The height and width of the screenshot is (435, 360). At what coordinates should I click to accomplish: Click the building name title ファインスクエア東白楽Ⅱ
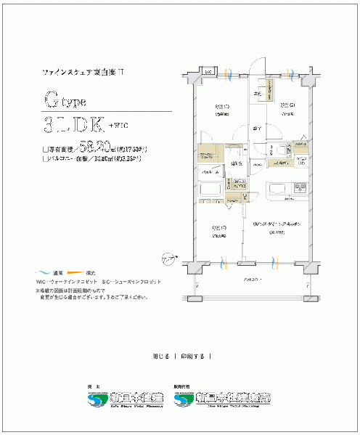tap(84, 73)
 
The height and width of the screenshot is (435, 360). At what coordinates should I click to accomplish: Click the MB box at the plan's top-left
tap(206, 72)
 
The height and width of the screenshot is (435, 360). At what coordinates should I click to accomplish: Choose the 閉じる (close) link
tap(161, 356)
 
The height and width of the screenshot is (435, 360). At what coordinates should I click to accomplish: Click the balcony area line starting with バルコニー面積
tap(92, 158)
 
